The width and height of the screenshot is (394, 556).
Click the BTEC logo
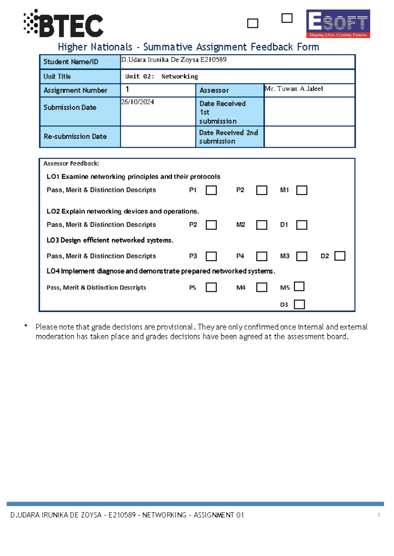click(64, 23)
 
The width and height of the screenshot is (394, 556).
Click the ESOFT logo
click(338, 24)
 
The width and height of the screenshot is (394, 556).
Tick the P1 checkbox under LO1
click(211, 190)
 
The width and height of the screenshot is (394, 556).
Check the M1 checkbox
click(301, 190)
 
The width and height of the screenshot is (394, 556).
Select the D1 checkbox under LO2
click(301, 225)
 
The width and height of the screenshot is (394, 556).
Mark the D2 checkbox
click(340, 256)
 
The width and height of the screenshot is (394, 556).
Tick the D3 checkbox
click(299, 304)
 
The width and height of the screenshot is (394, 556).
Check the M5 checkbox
click(299, 286)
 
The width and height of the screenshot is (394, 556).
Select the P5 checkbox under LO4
click(211, 287)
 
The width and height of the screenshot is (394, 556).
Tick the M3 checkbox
click(301, 256)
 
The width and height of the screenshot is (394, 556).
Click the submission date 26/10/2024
click(138, 102)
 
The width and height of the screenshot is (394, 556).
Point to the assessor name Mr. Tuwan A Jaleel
click(294, 89)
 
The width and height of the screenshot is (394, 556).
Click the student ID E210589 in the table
click(213, 60)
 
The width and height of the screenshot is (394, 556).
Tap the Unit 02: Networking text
click(162, 76)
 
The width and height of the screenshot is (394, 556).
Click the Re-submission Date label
click(75, 136)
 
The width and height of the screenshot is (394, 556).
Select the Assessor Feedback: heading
click(71, 163)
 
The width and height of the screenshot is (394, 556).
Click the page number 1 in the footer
click(379, 515)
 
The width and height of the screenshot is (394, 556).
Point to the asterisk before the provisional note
click(26, 326)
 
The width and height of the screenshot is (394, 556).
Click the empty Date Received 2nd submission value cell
click(309, 137)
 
